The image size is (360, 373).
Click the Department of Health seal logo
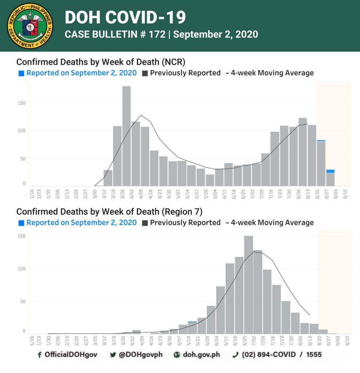(30, 26)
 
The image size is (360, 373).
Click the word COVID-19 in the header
(146, 17)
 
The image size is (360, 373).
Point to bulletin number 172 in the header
(157, 34)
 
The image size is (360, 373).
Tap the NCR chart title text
(101, 62)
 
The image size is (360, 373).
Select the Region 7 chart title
(109, 212)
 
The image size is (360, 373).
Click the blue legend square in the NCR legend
(21, 73)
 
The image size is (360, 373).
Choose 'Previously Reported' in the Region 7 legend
(185, 223)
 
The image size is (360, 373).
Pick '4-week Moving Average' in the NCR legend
(272, 73)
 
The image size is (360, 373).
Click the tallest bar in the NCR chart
(127, 136)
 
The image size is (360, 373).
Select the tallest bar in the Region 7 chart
(249, 285)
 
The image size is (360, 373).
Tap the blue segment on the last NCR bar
(330, 171)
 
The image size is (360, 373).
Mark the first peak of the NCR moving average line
(141, 115)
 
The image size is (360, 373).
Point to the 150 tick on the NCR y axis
(21, 103)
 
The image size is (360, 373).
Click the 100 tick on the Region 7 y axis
(21, 269)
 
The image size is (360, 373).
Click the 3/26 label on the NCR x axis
(122, 194)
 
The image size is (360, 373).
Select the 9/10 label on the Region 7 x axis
(347, 341)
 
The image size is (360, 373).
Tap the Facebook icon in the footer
(39, 355)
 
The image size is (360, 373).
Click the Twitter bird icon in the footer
(113, 355)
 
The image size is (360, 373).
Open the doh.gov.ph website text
(201, 355)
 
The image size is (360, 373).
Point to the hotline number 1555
(314, 355)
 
